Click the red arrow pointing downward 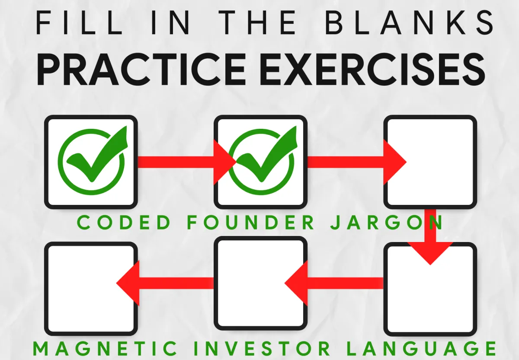coord(430,242)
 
